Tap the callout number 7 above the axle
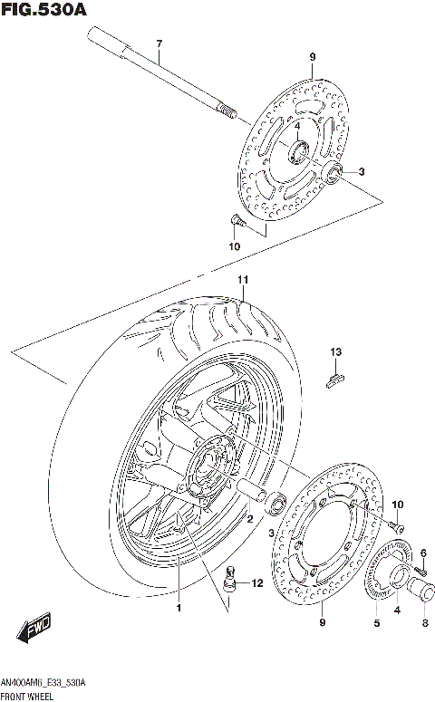point(158,43)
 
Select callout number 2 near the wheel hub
point(249,518)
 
